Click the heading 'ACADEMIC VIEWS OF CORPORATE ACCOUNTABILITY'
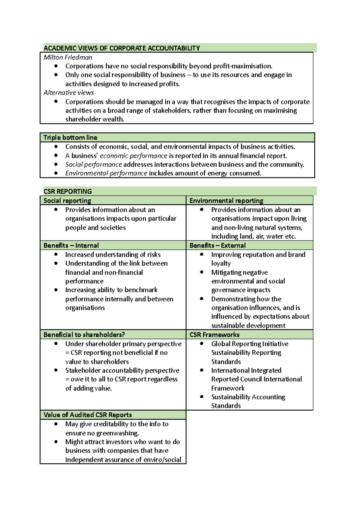pyautogui.click(x=121, y=48)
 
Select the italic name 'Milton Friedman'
pyautogui.click(x=68, y=57)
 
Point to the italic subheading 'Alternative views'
pyautogui.click(x=69, y=93)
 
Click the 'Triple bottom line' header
pyautogui.click(x=70, y=138)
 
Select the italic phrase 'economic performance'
pyautogui.click(x=133, y=156)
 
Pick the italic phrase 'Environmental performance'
pyautogui.click(x=106, y=173)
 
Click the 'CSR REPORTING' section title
pyautogui.click(x=67, y=192)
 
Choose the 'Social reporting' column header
pyautogui.click(x=67, y=201)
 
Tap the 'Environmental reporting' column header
pyautogui.click(x=226, y=201)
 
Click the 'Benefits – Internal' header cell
pyautogui.click(x=71, y=246)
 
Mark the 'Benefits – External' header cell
pyautogui.click(x=217, y=246)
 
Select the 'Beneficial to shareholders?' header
pyautogui.click(x=84, y=335)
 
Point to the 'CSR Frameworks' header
pyautogui.click(x=214, y=335)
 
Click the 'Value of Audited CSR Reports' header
pyautogui.click(x=88, y=415)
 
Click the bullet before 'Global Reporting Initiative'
pyautogui.click(x=202, y=344)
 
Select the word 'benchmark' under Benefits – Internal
pyautogui.click(x=141, y=290)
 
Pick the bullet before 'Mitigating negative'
pyautogui.click(x=202, y=272)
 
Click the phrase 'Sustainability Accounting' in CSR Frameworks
pyautogui.click(x=248, y=397)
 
